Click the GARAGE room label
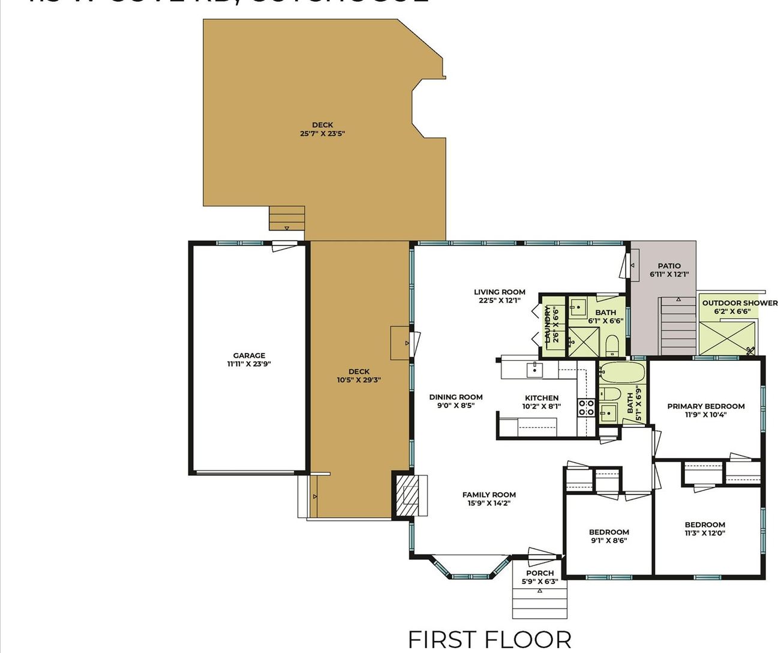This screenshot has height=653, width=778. point(249,355)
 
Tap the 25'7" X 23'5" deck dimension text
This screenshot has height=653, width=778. point(322,134)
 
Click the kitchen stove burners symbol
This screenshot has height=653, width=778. point(586,408)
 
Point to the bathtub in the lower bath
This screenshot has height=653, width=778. point(622,372)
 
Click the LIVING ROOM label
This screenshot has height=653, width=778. point(500,292)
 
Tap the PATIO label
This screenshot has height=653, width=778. point(669,266)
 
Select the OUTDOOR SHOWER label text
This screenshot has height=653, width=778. point(740,303)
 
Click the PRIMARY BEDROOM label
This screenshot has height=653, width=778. point(706,406)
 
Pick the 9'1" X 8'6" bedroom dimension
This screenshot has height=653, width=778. point(609,541)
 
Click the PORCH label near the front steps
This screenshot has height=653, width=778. point(540,573)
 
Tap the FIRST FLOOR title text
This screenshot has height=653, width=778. point(489,640)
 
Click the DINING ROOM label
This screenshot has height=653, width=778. point(456,397)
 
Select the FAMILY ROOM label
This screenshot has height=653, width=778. point(489,495)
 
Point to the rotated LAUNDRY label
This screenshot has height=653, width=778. point(547,325)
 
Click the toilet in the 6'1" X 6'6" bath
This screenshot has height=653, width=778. point(612,345)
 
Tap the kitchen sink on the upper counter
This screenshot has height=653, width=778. point(534,370)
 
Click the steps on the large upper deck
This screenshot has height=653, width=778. point(287,218)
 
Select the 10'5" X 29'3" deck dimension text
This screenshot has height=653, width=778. point(359,380)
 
